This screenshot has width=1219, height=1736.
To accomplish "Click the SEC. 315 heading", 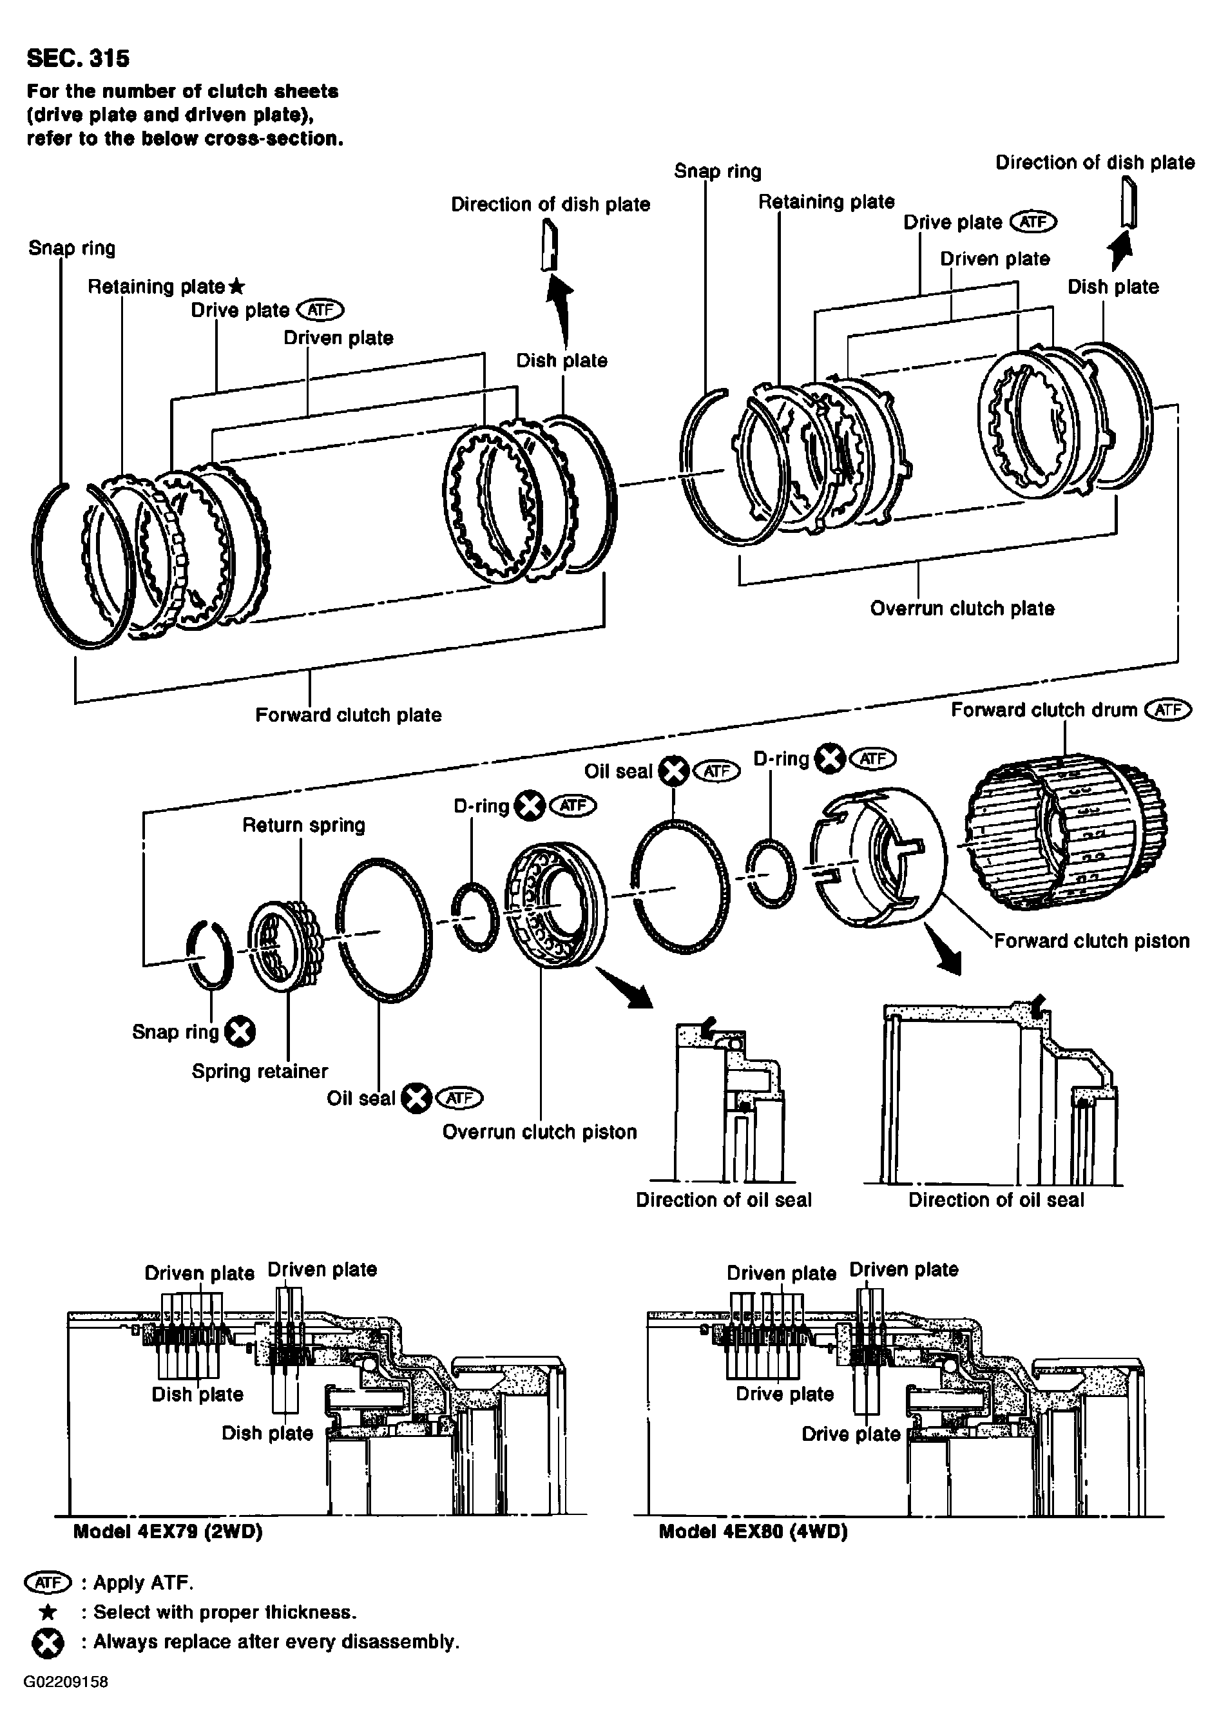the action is point(78,58).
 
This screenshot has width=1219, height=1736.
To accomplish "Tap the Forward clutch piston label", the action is point(1091,941).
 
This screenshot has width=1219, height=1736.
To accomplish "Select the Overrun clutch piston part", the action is point(555,903).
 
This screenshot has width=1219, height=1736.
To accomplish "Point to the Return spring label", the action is point(303,825).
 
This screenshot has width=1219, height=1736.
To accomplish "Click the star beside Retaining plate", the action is point(236,287).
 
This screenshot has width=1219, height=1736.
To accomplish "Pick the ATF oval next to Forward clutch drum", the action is point(1168,709).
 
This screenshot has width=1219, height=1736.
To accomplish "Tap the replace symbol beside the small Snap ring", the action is point(240,1031).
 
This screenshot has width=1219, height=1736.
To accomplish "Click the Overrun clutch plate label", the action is point(962,609).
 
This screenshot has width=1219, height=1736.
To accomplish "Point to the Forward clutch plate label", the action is point(348,715).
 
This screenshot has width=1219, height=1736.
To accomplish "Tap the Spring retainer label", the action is point(260,1072).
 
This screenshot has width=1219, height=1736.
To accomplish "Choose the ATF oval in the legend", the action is point(48,1583).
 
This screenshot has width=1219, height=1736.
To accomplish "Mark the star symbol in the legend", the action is point(48,1612).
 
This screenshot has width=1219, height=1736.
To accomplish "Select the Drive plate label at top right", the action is point(953,222).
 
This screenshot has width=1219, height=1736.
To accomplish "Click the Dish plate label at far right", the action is point(1113,287).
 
